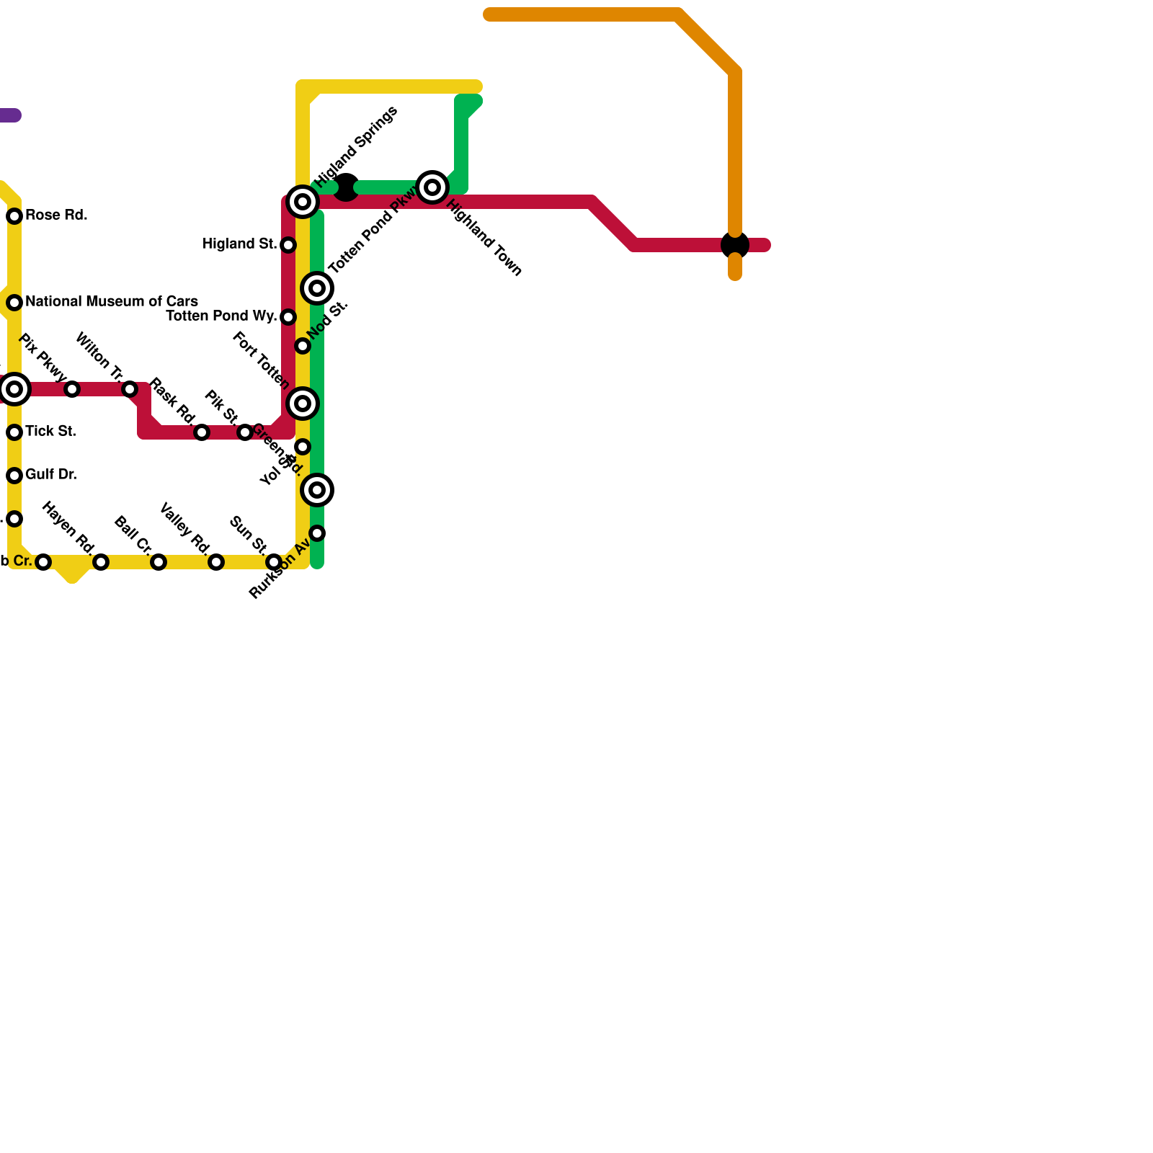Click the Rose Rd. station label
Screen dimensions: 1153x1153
56,215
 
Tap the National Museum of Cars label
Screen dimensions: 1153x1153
111,301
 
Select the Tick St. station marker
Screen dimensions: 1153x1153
14,432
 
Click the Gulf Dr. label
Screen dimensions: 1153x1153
50,475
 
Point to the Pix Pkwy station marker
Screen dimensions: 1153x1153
72,389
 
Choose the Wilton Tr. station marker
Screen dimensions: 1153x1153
130,389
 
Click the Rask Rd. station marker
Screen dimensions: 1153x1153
202,432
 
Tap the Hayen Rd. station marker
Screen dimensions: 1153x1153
101,562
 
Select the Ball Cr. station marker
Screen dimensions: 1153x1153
159,562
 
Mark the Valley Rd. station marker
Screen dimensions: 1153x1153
216,562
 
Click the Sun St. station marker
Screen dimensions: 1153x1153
274,562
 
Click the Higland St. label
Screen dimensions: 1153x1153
239,244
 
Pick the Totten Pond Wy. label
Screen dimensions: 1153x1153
221,316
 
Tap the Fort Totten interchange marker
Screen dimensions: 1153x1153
303,404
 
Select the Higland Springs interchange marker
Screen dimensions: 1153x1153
303,202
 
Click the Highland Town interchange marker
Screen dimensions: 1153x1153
432,187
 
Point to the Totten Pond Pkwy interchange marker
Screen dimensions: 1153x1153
317,288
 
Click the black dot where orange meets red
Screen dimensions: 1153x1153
735,245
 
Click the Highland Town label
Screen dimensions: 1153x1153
484,238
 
